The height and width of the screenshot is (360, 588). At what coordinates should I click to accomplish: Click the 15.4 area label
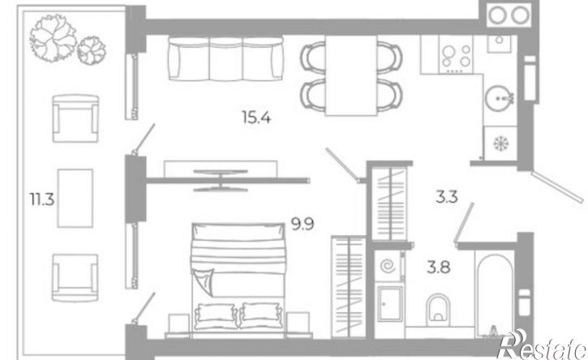click(x=256, y=118)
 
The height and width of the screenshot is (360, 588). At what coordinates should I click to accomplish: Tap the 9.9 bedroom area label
click(x=303, y=225)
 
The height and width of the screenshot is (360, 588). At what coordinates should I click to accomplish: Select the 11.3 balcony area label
click(x=42, y=199)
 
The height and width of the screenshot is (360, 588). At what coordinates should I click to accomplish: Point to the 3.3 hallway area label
click(x=447, y=196)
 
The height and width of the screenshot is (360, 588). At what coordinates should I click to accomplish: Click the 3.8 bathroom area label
click(x=439, y=268)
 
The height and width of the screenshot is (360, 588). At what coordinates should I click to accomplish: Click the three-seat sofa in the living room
click(x=225, y=58)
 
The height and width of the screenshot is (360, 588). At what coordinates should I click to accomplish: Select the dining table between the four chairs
click(x=351, y=75)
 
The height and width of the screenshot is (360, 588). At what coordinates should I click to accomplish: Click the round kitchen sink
click(x=499, y=97)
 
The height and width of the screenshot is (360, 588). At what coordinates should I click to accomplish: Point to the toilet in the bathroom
click(x=438, y=310)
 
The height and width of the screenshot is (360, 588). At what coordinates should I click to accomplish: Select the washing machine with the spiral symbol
click(x=388, y=266)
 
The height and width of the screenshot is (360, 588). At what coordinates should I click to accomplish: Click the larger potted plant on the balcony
click(x=54, y=38)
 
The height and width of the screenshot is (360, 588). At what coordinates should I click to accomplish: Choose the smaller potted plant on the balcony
click(x=91, y=50)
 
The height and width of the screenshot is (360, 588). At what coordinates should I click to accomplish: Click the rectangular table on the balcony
click(x=75, y=198)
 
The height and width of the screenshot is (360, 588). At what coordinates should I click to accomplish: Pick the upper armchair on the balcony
click(x=75, y=118)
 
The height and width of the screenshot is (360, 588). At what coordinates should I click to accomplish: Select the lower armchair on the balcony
click(x=75, y=277)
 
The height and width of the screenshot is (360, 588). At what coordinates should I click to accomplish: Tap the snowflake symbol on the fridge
click(x=500, y=144)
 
